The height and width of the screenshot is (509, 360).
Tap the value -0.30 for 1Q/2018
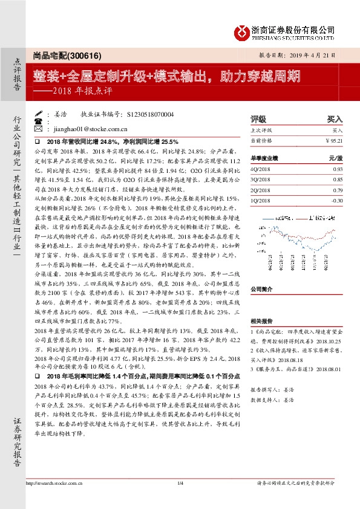tap(336, 201)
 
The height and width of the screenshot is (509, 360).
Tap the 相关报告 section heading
tap(261, 322)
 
